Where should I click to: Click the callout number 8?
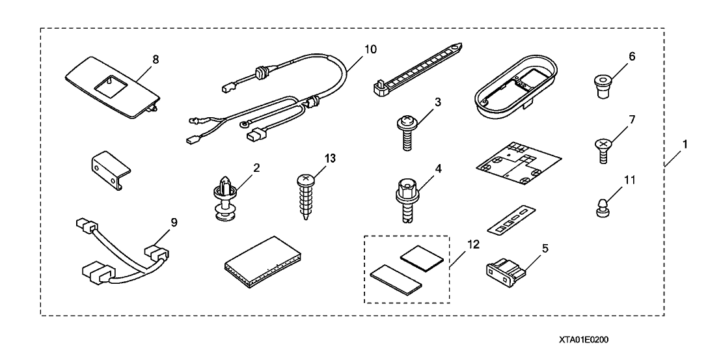[x=156, y=59]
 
